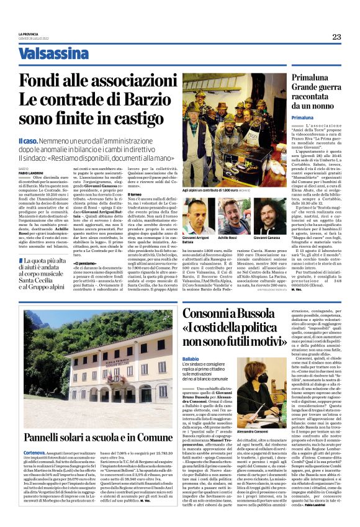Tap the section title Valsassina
pos(53,54)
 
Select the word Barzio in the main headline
pos(149,100)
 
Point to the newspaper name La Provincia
pos(28,34)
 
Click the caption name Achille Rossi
pos(227,238)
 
